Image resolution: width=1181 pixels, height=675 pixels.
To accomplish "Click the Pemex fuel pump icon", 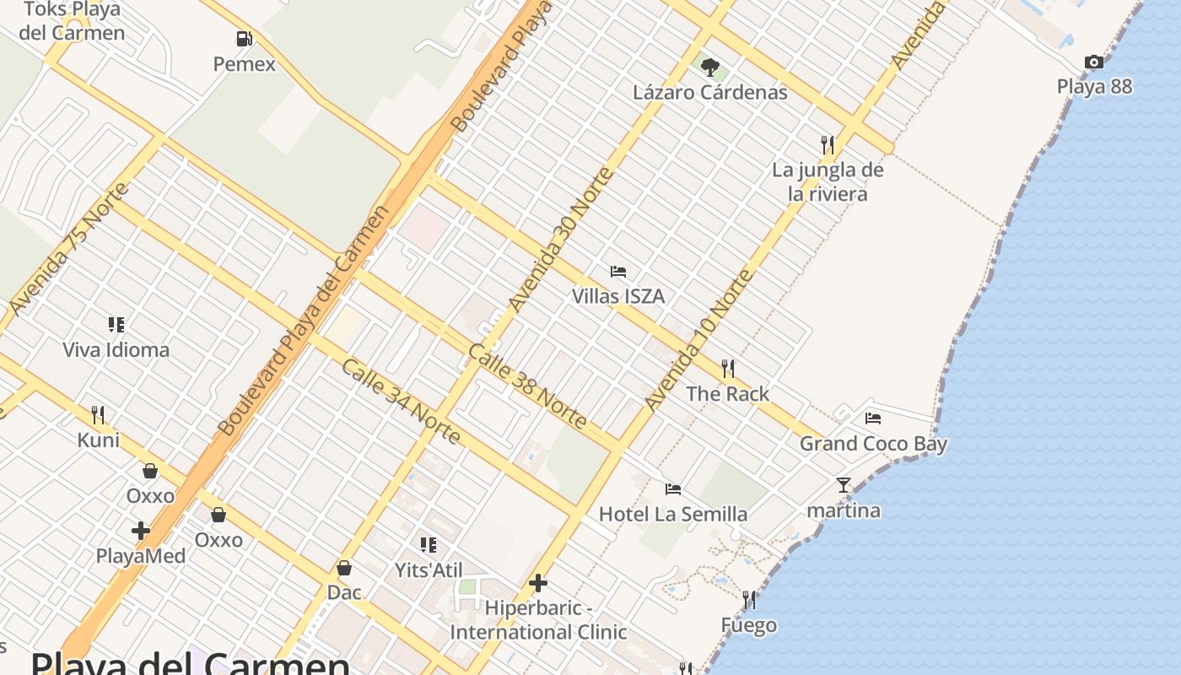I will click(244, 39).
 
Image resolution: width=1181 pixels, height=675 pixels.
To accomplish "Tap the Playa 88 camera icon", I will click(1094, 62).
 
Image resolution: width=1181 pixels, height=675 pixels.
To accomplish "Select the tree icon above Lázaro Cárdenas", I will click(710, 67).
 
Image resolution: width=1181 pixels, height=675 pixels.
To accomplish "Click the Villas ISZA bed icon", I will click(618, 272).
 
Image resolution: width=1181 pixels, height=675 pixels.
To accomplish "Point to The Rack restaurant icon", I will click(728, 369).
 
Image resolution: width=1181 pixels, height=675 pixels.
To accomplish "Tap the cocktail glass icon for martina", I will click(843, 485).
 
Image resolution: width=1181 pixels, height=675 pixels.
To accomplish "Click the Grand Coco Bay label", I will click(873, 444).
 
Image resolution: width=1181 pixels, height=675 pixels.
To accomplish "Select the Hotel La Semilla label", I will click(672, 514).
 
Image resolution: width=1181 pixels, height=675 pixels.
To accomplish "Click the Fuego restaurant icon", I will click(749, 600).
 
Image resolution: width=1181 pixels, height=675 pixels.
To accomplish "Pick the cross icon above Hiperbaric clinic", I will click(538, 583).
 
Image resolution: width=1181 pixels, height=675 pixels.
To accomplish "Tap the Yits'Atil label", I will click(429, 570).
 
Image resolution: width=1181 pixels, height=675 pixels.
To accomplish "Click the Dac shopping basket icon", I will click(344, 568).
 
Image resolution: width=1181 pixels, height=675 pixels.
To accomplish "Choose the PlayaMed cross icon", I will click(141, 532).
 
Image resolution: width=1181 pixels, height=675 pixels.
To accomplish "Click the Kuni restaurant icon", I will click(98, 415).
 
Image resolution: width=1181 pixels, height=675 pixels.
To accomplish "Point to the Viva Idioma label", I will click(116, 349).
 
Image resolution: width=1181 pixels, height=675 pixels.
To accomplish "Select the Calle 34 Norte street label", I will click(401, 402).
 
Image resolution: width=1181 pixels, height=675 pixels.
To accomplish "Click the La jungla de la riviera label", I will click(828, 182).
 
